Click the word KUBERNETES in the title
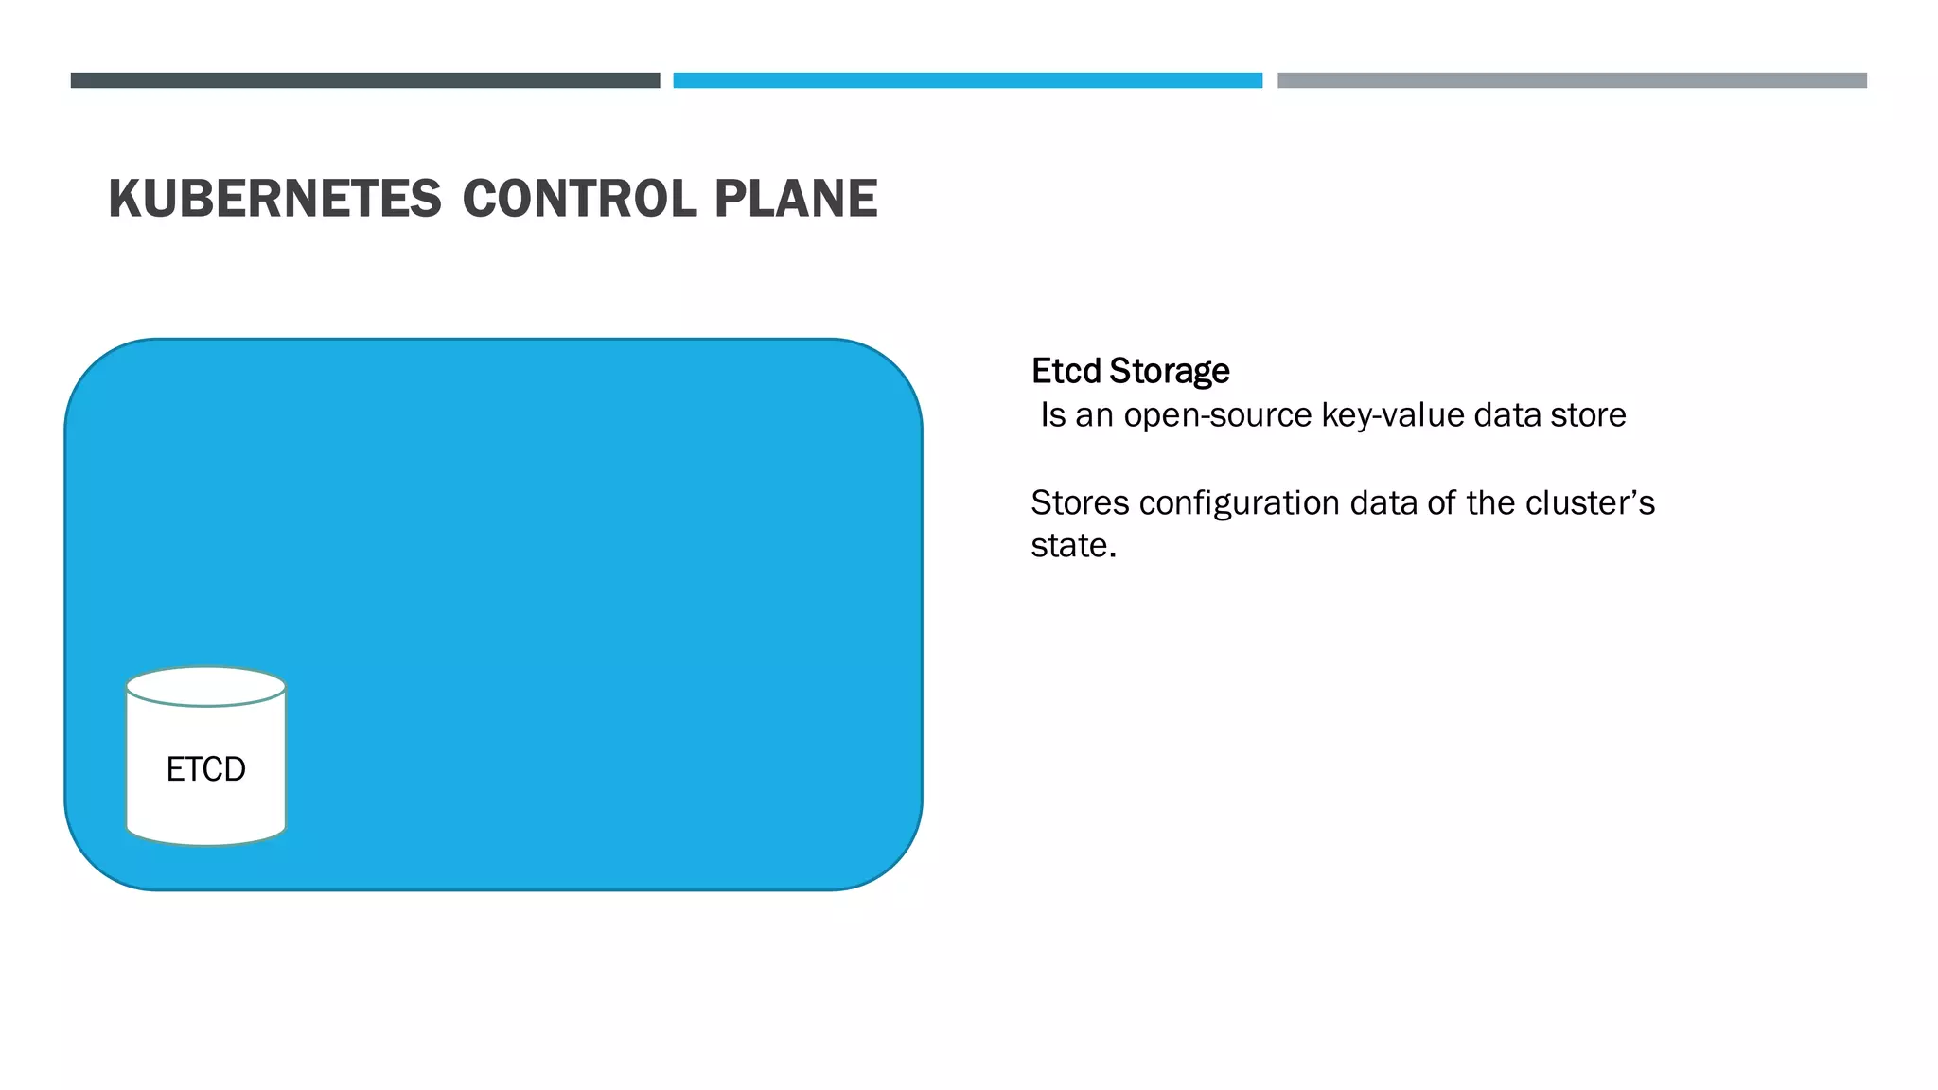(274, 199)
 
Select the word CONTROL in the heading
(578, 199)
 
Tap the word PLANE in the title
(796, 199)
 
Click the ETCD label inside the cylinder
(205, 769)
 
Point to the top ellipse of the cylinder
(205, 686)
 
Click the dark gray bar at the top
(365, 80)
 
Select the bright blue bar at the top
(967, 80)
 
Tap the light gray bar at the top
(1572, 80)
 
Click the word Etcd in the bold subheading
(1066, 371)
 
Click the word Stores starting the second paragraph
(1080, 502)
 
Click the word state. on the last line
(1073, 546)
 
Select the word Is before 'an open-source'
(1052, 415)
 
